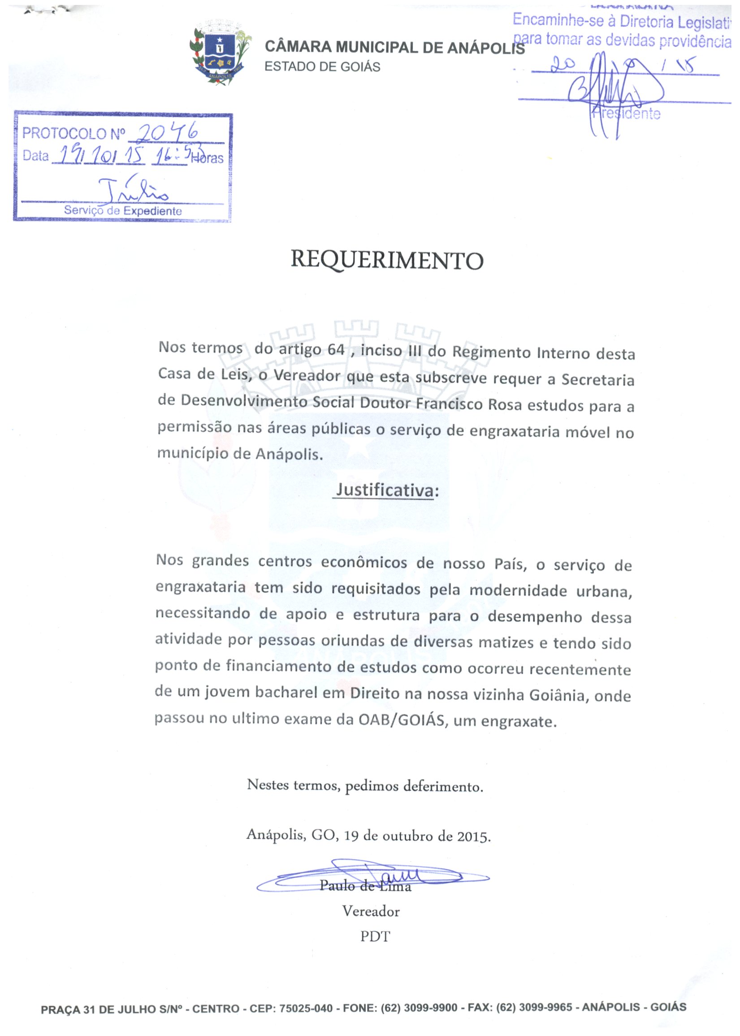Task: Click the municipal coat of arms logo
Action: (x=220, y=52)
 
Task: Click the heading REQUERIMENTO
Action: (x=387, y=260)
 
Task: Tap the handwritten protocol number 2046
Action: (x=168, y=133)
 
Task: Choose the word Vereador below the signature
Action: (x=371, y=911)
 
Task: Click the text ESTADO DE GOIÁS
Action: (x=322, y=67)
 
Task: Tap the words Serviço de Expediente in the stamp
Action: (x=122, y=211)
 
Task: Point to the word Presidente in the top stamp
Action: (x=627, y=113)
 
